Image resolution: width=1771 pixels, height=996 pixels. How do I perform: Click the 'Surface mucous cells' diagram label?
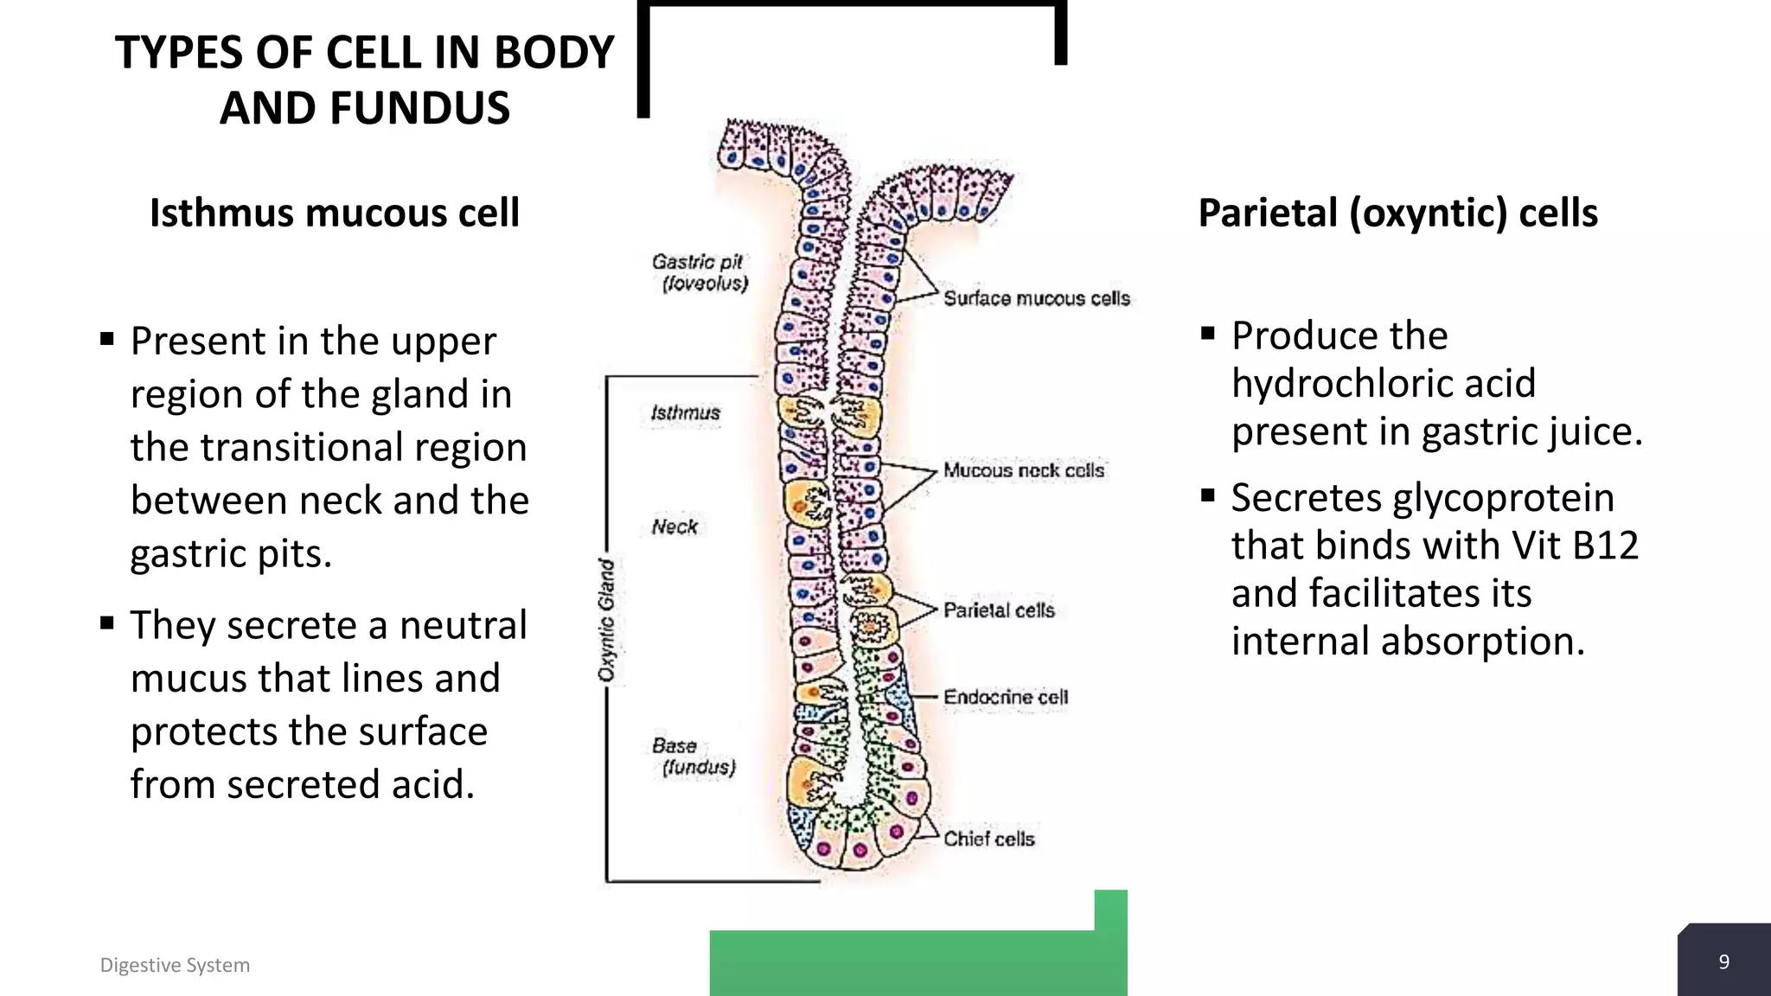point(1036,298)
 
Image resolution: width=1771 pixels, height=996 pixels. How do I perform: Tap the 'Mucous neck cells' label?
point(1023,470)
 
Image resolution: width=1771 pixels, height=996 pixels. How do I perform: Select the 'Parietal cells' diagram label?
point(999,610)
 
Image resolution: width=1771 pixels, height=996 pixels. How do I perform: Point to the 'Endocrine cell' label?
point(1005,697)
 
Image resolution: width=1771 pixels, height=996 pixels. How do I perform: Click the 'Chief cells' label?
point(988,839)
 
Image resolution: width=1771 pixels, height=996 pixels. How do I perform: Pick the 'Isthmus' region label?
point(685,413)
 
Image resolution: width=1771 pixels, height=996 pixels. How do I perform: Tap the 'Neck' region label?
point(675,527)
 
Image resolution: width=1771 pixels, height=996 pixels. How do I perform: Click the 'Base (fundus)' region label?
point(694,757)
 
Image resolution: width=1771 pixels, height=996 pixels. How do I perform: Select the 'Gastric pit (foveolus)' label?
point(699,272)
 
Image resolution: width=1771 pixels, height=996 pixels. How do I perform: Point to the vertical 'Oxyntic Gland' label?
point(607,620)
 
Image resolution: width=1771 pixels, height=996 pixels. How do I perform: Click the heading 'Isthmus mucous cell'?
point(335,213)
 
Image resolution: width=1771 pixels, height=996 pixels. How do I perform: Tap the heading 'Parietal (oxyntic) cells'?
point(1397,213)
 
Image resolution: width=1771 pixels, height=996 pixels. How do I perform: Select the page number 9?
point(1723,962)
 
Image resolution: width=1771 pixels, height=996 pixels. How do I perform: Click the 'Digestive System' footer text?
point(175,965)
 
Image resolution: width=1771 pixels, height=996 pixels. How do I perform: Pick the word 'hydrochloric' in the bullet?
point(1383,383)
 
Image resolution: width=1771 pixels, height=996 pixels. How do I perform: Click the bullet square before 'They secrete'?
point(107,622)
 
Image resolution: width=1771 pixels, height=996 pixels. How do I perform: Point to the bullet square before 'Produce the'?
point(1208,333)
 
